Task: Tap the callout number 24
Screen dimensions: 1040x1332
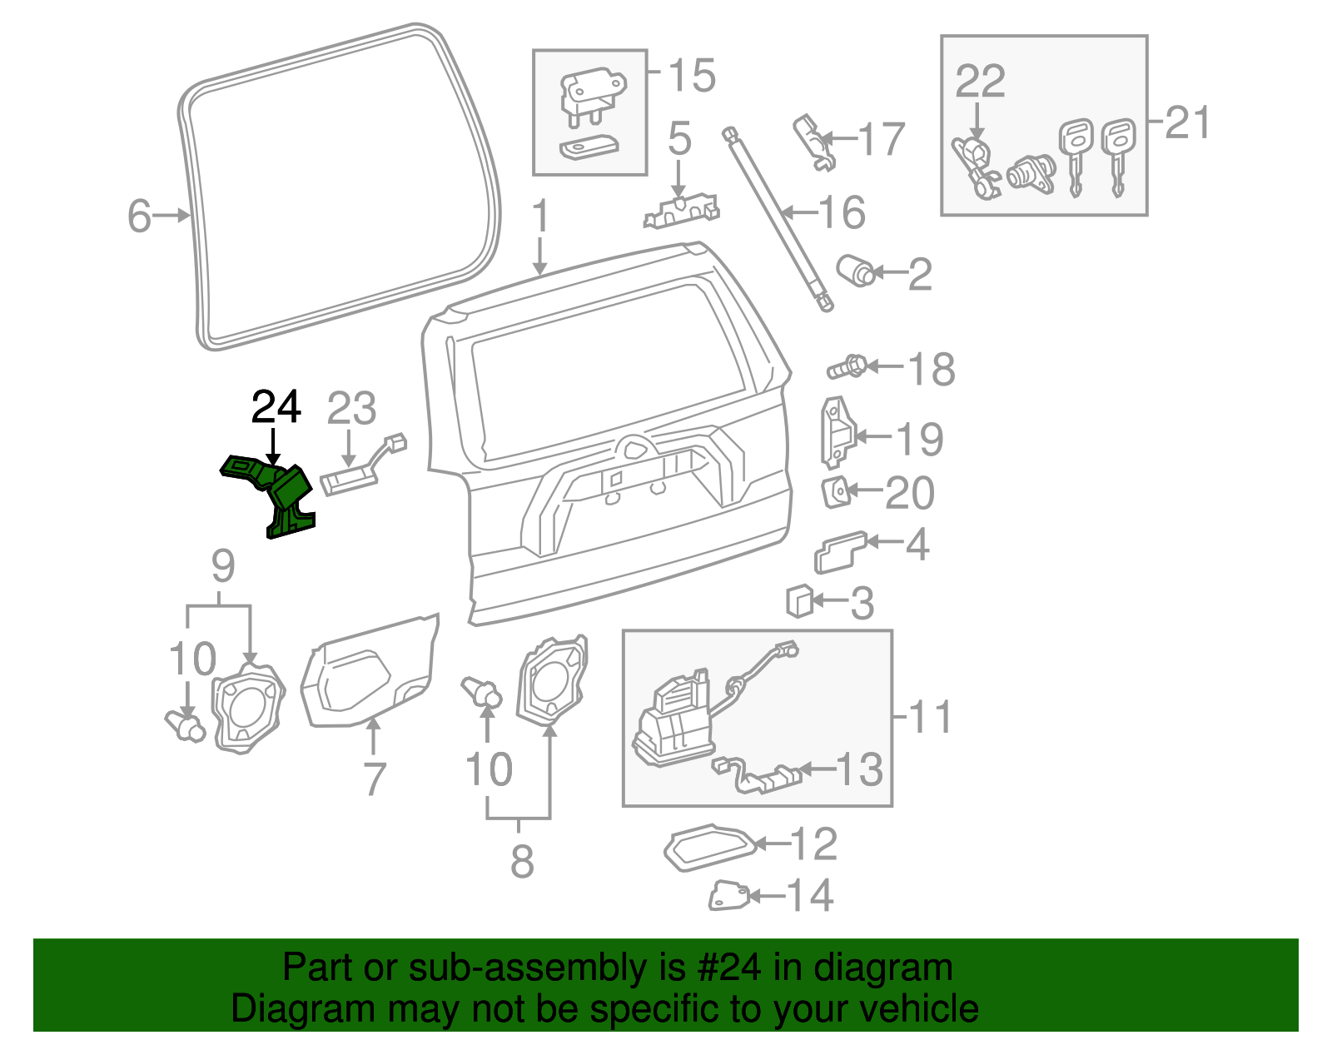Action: pos(276,407)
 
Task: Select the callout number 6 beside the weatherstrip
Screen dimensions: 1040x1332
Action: pos(139,216)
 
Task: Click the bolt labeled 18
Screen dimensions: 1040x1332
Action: pos(847,366)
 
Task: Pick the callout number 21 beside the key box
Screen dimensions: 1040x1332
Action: pos(1187,123)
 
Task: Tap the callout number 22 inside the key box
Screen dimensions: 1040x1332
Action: pos(980,82)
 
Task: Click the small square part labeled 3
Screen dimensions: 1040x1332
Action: pos(800,600)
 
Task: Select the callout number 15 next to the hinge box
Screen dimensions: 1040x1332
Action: pos(692,76)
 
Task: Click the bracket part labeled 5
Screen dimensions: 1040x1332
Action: pos(681,210)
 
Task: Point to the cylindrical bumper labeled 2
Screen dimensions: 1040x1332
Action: pos(855,271)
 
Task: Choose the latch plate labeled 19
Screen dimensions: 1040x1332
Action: pos(837,431)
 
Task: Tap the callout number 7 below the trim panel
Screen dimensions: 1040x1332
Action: pos(375,779)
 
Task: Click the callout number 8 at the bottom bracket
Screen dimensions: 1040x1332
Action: pos(522,861)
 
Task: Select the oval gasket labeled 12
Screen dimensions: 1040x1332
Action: pos(710,848)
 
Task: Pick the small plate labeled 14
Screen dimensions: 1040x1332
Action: pos(728,896)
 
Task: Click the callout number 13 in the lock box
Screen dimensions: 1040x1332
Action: pos(858,769)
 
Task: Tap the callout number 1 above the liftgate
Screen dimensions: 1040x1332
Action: pos(541,216)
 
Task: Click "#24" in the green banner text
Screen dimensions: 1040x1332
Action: pos(724,968)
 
